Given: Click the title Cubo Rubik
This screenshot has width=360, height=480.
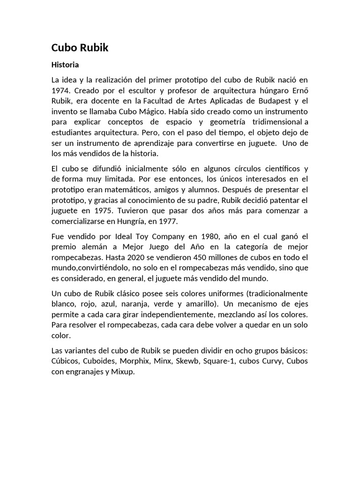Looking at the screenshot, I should click(80, 48).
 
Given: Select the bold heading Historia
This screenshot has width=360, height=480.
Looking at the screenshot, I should click(65, 65).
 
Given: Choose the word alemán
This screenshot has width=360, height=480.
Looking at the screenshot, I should click(94, 247).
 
